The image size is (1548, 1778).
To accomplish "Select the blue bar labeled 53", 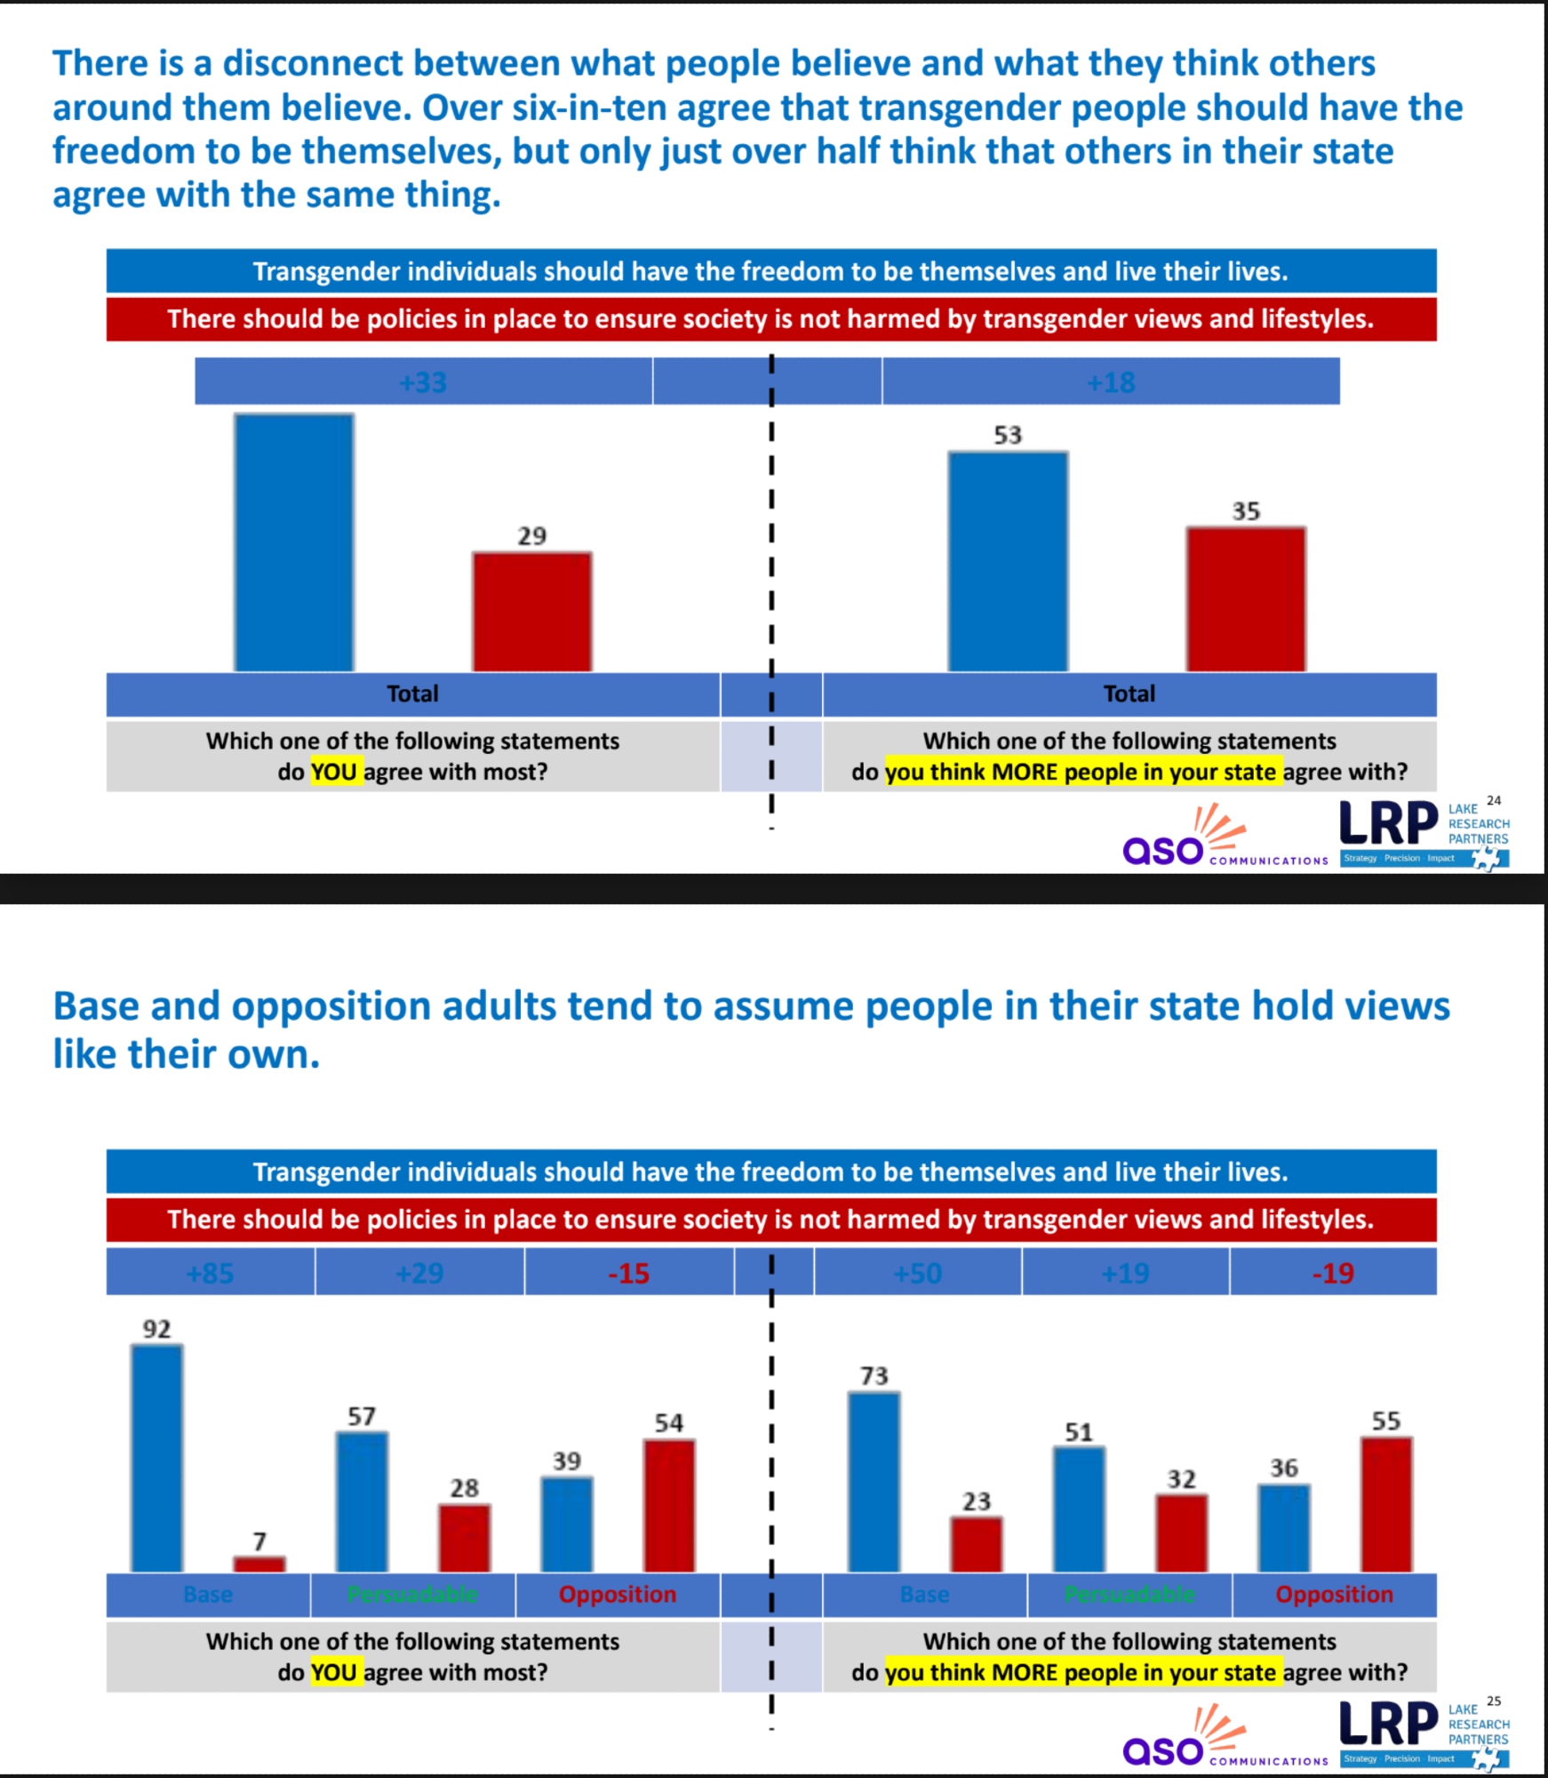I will click(x=1008, y=561).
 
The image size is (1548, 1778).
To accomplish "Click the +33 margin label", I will click(x=423, y=382).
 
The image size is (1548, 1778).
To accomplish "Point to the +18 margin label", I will click(x=1111, y=382).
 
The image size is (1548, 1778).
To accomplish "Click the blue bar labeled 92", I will click(x=157, y=1458).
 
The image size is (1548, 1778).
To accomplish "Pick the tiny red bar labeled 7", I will click(x=259, y=1564).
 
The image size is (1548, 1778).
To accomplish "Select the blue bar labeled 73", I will click(x=874, y=1482).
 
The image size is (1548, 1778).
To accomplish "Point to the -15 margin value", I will click(x=628, y=1273).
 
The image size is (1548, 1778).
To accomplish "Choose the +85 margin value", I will click(x=211, y=1273).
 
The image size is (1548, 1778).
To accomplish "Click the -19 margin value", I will click(x=1333, y=1273).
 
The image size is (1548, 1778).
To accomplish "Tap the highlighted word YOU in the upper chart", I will click(x=334, y=772).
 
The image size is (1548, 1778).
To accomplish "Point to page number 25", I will click(x=1494, y=1701).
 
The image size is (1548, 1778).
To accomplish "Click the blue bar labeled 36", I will click(x=1283, y=1527).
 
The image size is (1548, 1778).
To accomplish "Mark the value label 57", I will click(x=362, y=1416).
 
